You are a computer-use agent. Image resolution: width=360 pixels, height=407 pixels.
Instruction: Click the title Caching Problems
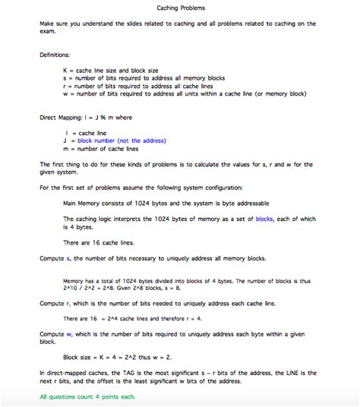180,8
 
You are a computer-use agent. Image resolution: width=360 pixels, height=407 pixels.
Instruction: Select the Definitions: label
55,55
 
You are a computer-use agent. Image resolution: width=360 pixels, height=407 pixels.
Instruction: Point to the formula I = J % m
106,118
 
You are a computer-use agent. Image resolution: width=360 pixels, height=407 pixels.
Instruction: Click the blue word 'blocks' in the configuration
264,219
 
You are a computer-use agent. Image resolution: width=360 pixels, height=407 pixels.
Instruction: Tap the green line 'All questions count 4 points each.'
87,397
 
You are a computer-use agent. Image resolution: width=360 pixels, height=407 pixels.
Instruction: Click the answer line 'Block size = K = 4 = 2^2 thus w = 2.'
118,357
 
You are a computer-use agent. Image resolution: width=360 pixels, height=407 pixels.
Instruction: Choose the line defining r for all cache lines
144,86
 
